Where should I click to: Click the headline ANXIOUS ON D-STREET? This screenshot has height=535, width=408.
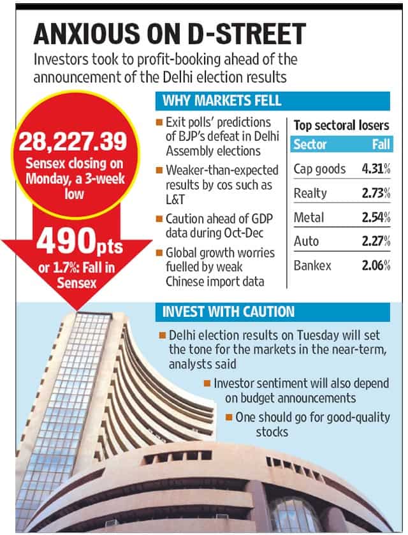(170, 34)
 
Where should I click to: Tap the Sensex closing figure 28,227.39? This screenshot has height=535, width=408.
(73, 142)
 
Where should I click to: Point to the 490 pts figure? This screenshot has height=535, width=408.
(80, 242)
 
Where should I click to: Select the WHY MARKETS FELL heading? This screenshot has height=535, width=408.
(222, 101)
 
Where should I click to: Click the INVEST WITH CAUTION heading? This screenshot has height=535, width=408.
(228, 312)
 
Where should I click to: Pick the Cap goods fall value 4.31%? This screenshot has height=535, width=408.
(376, 169)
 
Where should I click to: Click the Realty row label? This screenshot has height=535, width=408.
(310, 193)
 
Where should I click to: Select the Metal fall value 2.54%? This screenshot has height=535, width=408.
(376, 217)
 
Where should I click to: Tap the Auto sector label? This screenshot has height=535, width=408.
(306, 241)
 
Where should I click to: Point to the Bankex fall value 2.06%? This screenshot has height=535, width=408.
(376, 265)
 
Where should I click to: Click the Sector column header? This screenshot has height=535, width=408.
(310, 144)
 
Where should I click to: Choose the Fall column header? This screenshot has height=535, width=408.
(381, 144)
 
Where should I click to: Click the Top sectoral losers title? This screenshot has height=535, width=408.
(342, 126)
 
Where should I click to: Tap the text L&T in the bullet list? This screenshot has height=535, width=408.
(175, 200)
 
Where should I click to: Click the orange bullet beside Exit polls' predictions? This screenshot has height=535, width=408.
(159, 122)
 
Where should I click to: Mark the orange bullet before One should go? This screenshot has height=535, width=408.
(229, 417)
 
